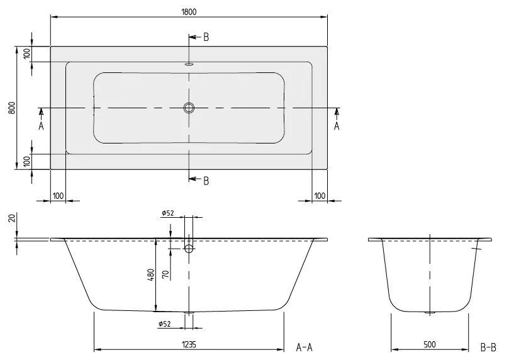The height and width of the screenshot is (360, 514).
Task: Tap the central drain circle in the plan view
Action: click(189, 108)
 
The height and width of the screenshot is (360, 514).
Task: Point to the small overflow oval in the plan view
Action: click(189, 64)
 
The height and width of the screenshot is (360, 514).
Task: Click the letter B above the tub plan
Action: click(206, 37)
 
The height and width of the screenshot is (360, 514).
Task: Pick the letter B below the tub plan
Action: click(206, 181)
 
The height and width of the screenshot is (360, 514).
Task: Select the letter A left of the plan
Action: click(42, 126)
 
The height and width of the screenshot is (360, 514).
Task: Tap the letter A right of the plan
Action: click(337, 126)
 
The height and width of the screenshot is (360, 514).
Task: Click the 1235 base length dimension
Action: click(189, 345)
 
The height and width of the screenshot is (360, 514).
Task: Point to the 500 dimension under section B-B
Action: click(429, 345)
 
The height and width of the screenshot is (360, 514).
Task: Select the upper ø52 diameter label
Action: click(167, 214)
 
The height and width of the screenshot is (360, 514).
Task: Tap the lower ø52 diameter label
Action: click(167, 324)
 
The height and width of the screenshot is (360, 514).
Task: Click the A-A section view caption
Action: click(304, 347)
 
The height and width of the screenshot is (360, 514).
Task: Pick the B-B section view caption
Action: click(489, 347)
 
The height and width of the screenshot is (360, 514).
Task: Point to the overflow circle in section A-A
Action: click(189, 249)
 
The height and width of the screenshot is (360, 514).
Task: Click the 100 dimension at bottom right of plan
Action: click(319, 196)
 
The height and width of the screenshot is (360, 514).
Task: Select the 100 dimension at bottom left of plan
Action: click(58, 196)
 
